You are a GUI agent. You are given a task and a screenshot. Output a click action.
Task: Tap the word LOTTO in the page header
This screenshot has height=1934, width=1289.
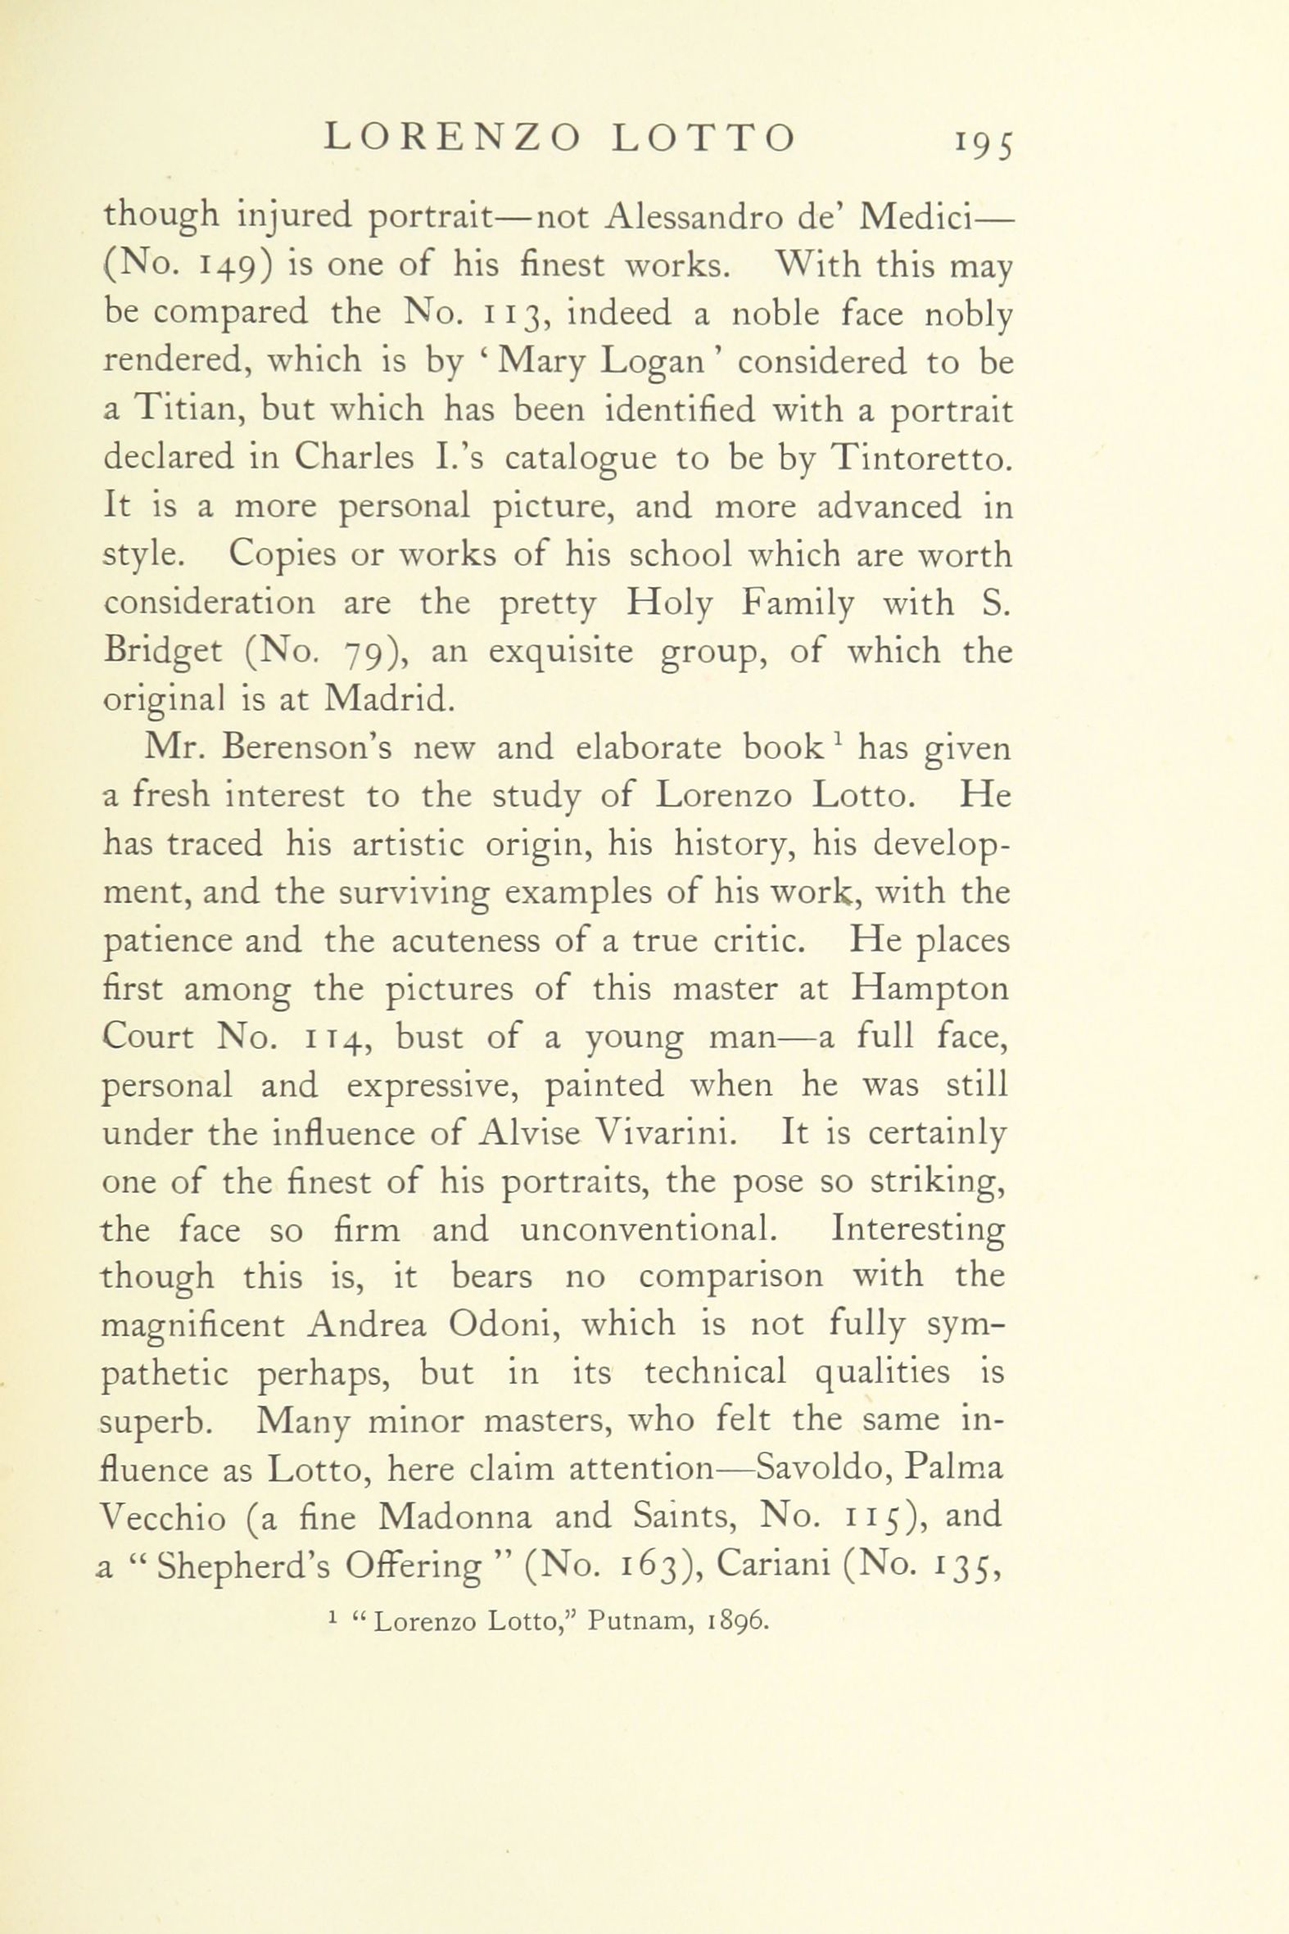[x=704, y=138]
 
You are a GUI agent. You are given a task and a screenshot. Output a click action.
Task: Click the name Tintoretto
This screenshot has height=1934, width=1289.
[x=920, y=458]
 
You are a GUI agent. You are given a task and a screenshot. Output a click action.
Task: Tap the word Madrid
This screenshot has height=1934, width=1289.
[x=388, y=698]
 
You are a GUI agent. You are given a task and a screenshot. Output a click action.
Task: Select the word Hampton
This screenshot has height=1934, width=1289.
[x=930, y=988]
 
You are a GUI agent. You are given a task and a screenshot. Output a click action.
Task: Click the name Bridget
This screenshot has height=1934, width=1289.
[x=163, y=652]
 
